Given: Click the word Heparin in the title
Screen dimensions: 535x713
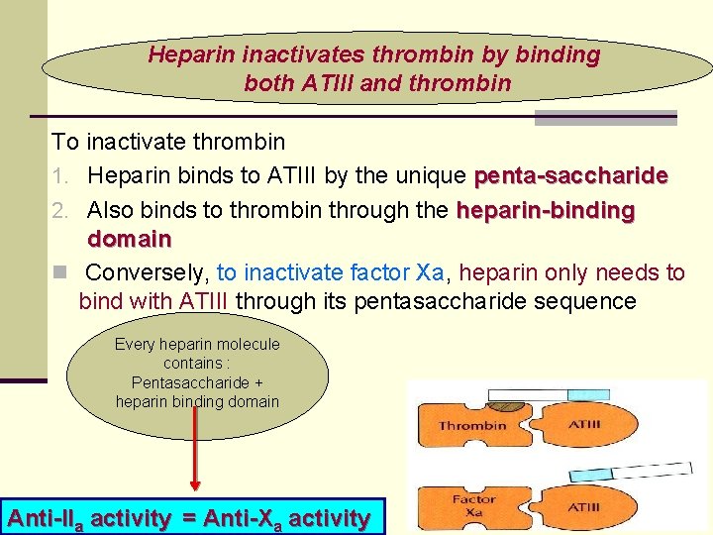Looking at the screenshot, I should point(183,55).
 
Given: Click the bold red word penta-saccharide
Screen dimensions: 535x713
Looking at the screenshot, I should point(571,177).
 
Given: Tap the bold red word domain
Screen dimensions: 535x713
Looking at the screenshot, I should point(129,240).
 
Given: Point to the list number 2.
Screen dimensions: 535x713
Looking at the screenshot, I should point(58,211).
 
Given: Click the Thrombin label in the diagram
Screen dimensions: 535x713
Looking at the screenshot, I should point(472,426).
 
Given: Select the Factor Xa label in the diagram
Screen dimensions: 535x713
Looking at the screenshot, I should point(474,505).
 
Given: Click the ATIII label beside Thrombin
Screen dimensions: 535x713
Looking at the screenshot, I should point(583,425).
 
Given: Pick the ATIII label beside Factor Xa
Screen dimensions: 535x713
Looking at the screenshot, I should point(583,507).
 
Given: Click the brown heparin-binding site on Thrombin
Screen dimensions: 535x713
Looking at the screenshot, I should point(509,402).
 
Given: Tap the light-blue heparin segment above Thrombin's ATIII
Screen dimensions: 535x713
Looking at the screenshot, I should point(589,394).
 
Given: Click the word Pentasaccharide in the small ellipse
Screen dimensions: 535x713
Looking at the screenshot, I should point(197,382).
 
